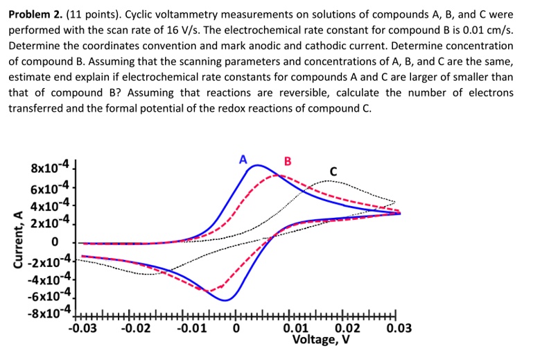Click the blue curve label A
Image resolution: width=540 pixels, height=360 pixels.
point(243,159)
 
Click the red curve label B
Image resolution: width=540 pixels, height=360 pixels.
point(288,162)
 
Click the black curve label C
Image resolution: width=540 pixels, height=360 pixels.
point(333,170)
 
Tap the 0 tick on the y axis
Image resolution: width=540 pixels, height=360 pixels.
point(53,242)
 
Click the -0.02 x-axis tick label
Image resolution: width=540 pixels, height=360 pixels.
point(137,327)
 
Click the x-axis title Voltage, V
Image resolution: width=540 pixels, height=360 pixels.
point(322,340)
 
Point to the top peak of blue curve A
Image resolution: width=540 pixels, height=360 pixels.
point(258,165)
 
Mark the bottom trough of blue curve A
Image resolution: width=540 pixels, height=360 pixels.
point(225,300)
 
